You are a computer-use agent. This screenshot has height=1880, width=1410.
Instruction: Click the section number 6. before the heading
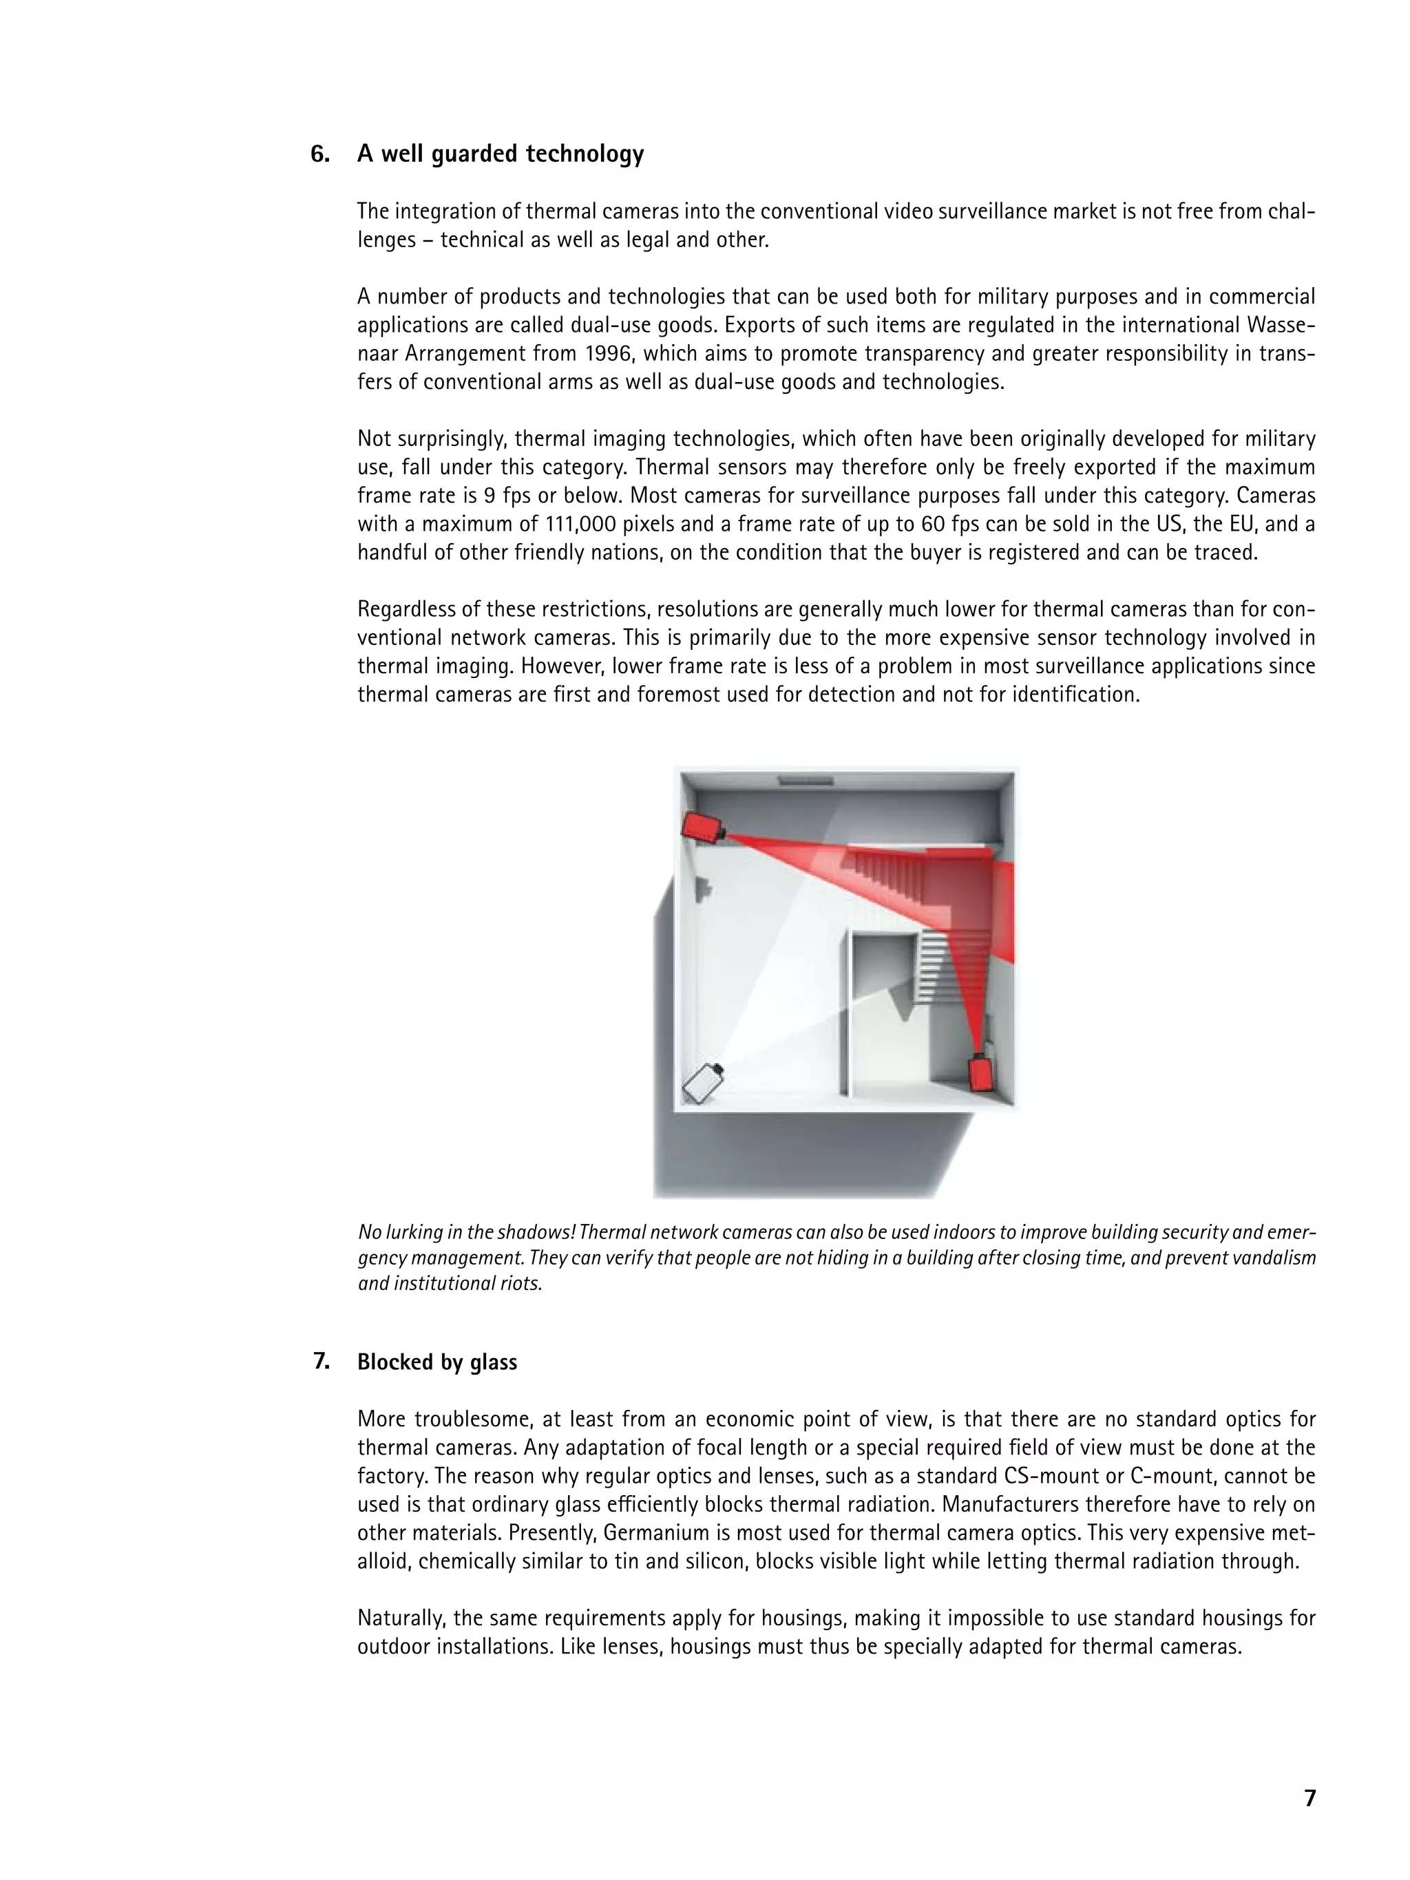pos(319,154)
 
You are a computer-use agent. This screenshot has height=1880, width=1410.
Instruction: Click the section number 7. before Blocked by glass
pos(322,1362)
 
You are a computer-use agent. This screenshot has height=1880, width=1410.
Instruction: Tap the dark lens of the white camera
pos(718,1068)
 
